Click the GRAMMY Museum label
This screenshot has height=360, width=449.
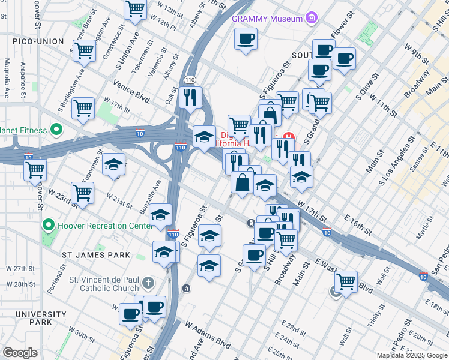[x=267, y=19]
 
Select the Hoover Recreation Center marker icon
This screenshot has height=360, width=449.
[x=49, y=226]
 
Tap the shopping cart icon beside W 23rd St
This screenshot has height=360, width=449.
[x=83, y=193]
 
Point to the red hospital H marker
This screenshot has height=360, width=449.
[x=288, y=137]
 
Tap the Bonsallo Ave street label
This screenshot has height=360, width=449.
[x=150, y=193]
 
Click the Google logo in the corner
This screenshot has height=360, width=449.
[x=20, y=353]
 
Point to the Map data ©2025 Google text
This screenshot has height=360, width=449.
[x=411, y=355]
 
